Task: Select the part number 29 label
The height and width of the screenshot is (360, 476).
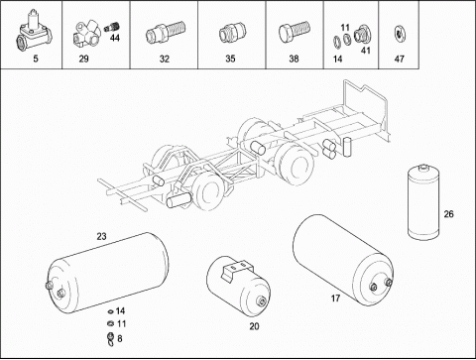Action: click(x=83, y=59)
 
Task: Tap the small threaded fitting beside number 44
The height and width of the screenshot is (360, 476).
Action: click(x=112, y=28)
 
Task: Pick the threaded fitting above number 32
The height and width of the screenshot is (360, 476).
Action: click(x=166, y=32)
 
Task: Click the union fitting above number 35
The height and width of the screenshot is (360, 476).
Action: click(x=232, y=33)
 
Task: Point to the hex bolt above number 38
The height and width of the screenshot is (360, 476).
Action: click(x=295, y=32)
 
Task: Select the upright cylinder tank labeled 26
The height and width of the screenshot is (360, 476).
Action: click(x=423, y=201)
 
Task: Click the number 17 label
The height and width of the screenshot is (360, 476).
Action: click(x=335, y=299)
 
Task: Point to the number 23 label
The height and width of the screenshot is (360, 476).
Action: click(x=101, y=236)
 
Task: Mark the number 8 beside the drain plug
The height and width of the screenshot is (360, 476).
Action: click(x=120, y=338)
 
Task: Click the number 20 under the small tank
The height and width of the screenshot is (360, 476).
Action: click(x=254, y=326)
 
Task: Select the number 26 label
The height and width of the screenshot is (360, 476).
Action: click(x=448, y=214)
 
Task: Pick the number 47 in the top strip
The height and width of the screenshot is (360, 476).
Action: click(x=400, y=59)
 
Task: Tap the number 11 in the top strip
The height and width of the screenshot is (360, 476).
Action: click(x=345, y=27)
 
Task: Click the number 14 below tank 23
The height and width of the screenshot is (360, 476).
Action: click(x=120, y=310)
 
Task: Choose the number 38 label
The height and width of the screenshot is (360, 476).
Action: click(x=294, y=59)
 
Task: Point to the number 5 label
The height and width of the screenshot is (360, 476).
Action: click(x=36, y=59)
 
